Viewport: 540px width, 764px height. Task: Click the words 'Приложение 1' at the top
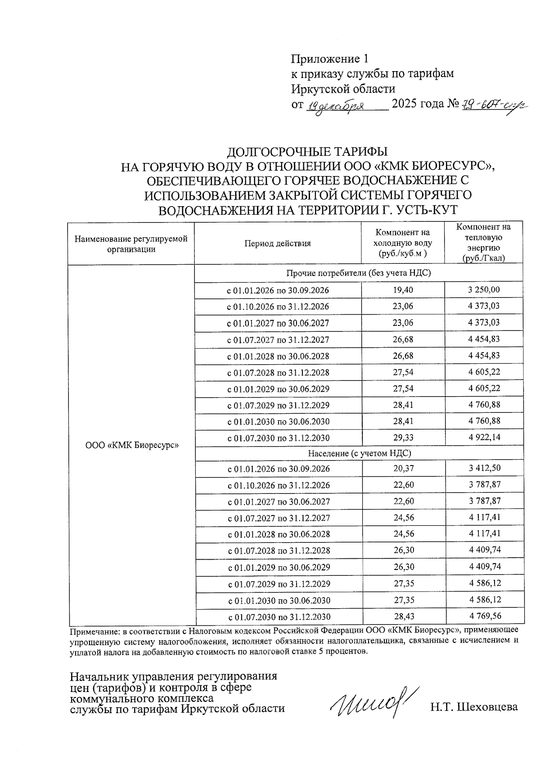330,59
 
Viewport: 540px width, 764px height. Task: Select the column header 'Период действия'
278,244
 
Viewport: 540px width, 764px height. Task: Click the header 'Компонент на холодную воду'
403,244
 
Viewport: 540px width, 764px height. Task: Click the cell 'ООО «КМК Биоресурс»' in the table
132,445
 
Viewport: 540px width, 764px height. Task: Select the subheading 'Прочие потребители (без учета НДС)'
359,273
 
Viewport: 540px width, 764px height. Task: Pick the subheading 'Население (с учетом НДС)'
359,453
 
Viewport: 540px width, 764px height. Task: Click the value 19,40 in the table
403,290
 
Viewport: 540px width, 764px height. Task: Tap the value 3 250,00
484,289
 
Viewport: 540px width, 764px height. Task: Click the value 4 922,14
484,437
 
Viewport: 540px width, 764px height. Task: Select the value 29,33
403,438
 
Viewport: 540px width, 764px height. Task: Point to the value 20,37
403,469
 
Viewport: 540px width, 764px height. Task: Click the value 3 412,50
484,468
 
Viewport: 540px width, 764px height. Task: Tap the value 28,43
403,616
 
